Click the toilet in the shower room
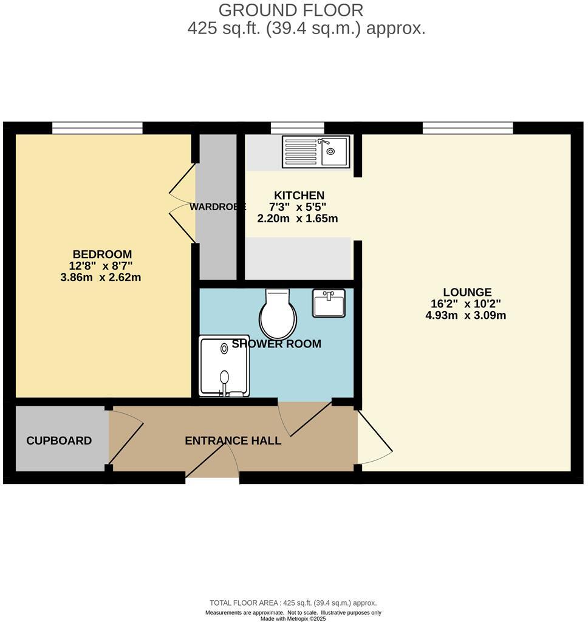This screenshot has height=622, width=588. click(x=278, y=315)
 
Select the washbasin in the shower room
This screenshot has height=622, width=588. click(x=329, y=302)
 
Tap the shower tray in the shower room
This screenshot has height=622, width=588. click(x=224, y=366)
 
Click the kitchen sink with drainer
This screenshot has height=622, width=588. click(x=315, y=151)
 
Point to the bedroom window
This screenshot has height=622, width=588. click(x=97, y=128)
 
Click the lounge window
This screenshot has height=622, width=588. click(x=468, y=128)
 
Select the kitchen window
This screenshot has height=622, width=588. click(x=297, y=128)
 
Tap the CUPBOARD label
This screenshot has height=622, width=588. click(x=59, y=441)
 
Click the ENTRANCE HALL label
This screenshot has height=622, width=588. click(x=233, y=441)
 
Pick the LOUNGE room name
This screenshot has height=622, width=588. click(x=467, y=292)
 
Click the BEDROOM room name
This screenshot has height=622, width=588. click(x=102, y=254)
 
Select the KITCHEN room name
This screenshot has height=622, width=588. click(x=299, y=196)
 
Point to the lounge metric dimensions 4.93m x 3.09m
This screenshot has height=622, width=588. click(x=466, y=315)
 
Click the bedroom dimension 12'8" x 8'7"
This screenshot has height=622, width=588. click(x=101, y=265)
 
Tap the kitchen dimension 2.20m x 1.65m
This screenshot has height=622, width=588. click(x=298, y=219)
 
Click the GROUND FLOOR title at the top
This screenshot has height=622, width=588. click(x=291, y=10)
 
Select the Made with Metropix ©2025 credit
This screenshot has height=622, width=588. click(x=293, y=618)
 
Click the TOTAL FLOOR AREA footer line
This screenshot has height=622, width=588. click(x=293, y=603)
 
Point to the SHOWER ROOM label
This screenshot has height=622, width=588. click(x=276, y=344)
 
